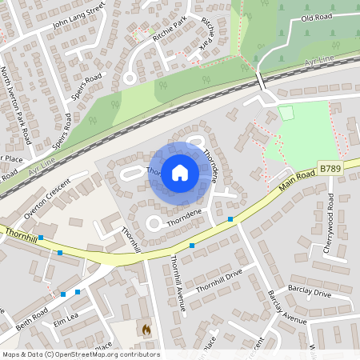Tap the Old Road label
coord(316,17)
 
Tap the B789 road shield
coord(329,169)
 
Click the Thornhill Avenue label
coord(178,282)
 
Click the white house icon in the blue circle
coord(180,173)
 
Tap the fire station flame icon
coord(146,329)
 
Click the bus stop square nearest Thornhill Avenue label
coord(191,246)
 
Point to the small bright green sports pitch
coord(286,113)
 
